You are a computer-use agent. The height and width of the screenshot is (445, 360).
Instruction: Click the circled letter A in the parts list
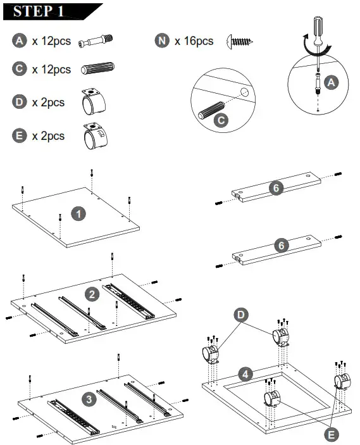(20, 41)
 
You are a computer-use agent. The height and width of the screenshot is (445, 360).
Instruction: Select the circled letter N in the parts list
(162, 41)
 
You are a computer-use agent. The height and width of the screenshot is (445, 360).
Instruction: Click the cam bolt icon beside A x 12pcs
(96, 41)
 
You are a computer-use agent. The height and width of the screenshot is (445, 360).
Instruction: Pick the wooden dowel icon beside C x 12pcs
(97, 69)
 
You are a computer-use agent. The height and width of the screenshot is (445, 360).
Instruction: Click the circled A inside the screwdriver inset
(330, 82)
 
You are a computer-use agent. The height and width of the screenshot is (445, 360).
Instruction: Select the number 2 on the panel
(92, 294)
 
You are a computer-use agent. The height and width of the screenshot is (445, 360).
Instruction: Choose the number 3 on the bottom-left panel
(89, 399)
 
